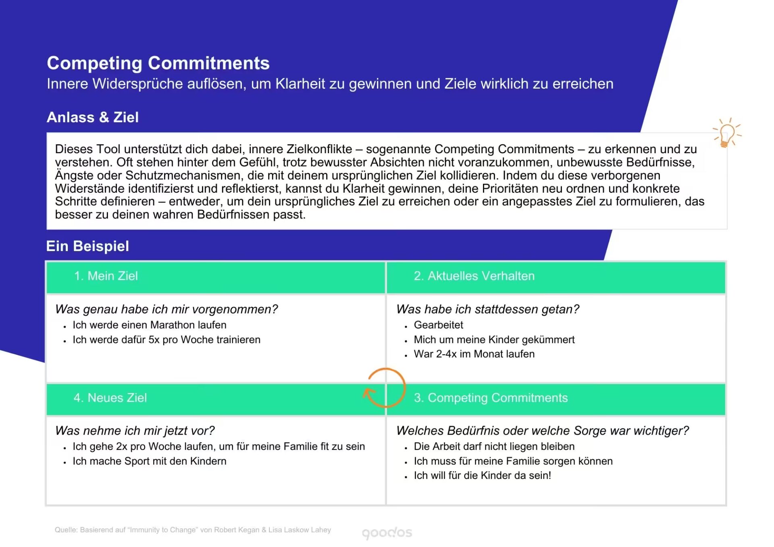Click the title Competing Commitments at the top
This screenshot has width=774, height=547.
158,63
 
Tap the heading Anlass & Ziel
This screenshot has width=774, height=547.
93,117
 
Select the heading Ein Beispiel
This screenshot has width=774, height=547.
87,246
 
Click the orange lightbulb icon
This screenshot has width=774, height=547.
727,133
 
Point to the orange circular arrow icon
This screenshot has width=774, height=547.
404,388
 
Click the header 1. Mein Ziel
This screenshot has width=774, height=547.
106,276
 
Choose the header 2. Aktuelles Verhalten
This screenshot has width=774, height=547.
474,276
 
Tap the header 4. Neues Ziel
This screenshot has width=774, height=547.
110,398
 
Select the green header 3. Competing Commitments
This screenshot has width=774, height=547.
491,398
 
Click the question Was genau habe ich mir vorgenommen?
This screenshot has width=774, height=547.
166,309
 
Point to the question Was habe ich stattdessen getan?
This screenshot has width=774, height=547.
488,309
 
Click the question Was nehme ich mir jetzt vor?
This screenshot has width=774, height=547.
135,431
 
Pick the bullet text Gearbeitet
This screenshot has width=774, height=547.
439,325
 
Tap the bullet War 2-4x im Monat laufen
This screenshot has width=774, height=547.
474,354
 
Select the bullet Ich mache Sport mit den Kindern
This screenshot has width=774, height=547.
150,461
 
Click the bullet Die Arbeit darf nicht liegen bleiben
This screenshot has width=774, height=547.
494,447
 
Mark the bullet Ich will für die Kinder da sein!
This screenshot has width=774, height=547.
483,476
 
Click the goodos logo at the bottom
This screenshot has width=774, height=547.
387,533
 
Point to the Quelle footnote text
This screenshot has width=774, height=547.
193,530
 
